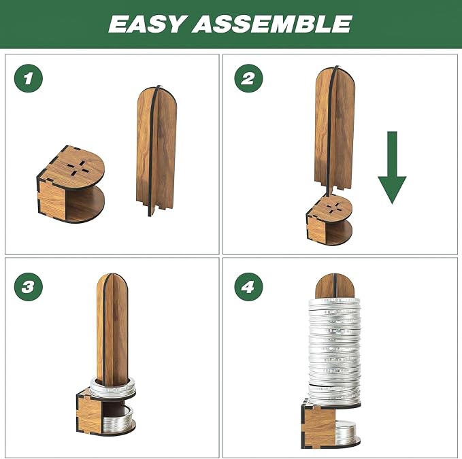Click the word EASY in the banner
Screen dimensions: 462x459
pyautogui.click(x=148, y=24)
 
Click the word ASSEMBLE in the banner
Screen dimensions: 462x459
pyautogui.click(x=272, y=24)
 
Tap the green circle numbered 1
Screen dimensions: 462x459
pyautogui.click(x=29, y=78)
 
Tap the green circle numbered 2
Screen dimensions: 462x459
pyautogui.click(x=248, y=78)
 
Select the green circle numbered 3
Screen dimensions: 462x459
pyautogui.click(x=29, y=287)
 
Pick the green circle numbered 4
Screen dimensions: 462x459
pyautogui.click(x=248, y=287)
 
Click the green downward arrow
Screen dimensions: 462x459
pyautogui.click(x=392, y=167)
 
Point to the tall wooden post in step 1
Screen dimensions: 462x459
pyautogui.click(x=156, y=151)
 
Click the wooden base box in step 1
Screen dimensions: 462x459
pyautogui.click(x=70, y=184)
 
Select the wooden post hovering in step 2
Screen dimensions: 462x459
pyautogui.click(x=335, y=130)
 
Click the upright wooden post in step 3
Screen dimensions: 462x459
pyautogui.click(x=112, y=330)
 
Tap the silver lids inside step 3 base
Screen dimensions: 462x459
pyautogui.click(x=117, y=419)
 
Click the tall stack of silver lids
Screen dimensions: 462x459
pyautogui.click(x=335, y=350)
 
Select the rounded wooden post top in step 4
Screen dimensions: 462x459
pyautogui.click(x=334, y=286)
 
